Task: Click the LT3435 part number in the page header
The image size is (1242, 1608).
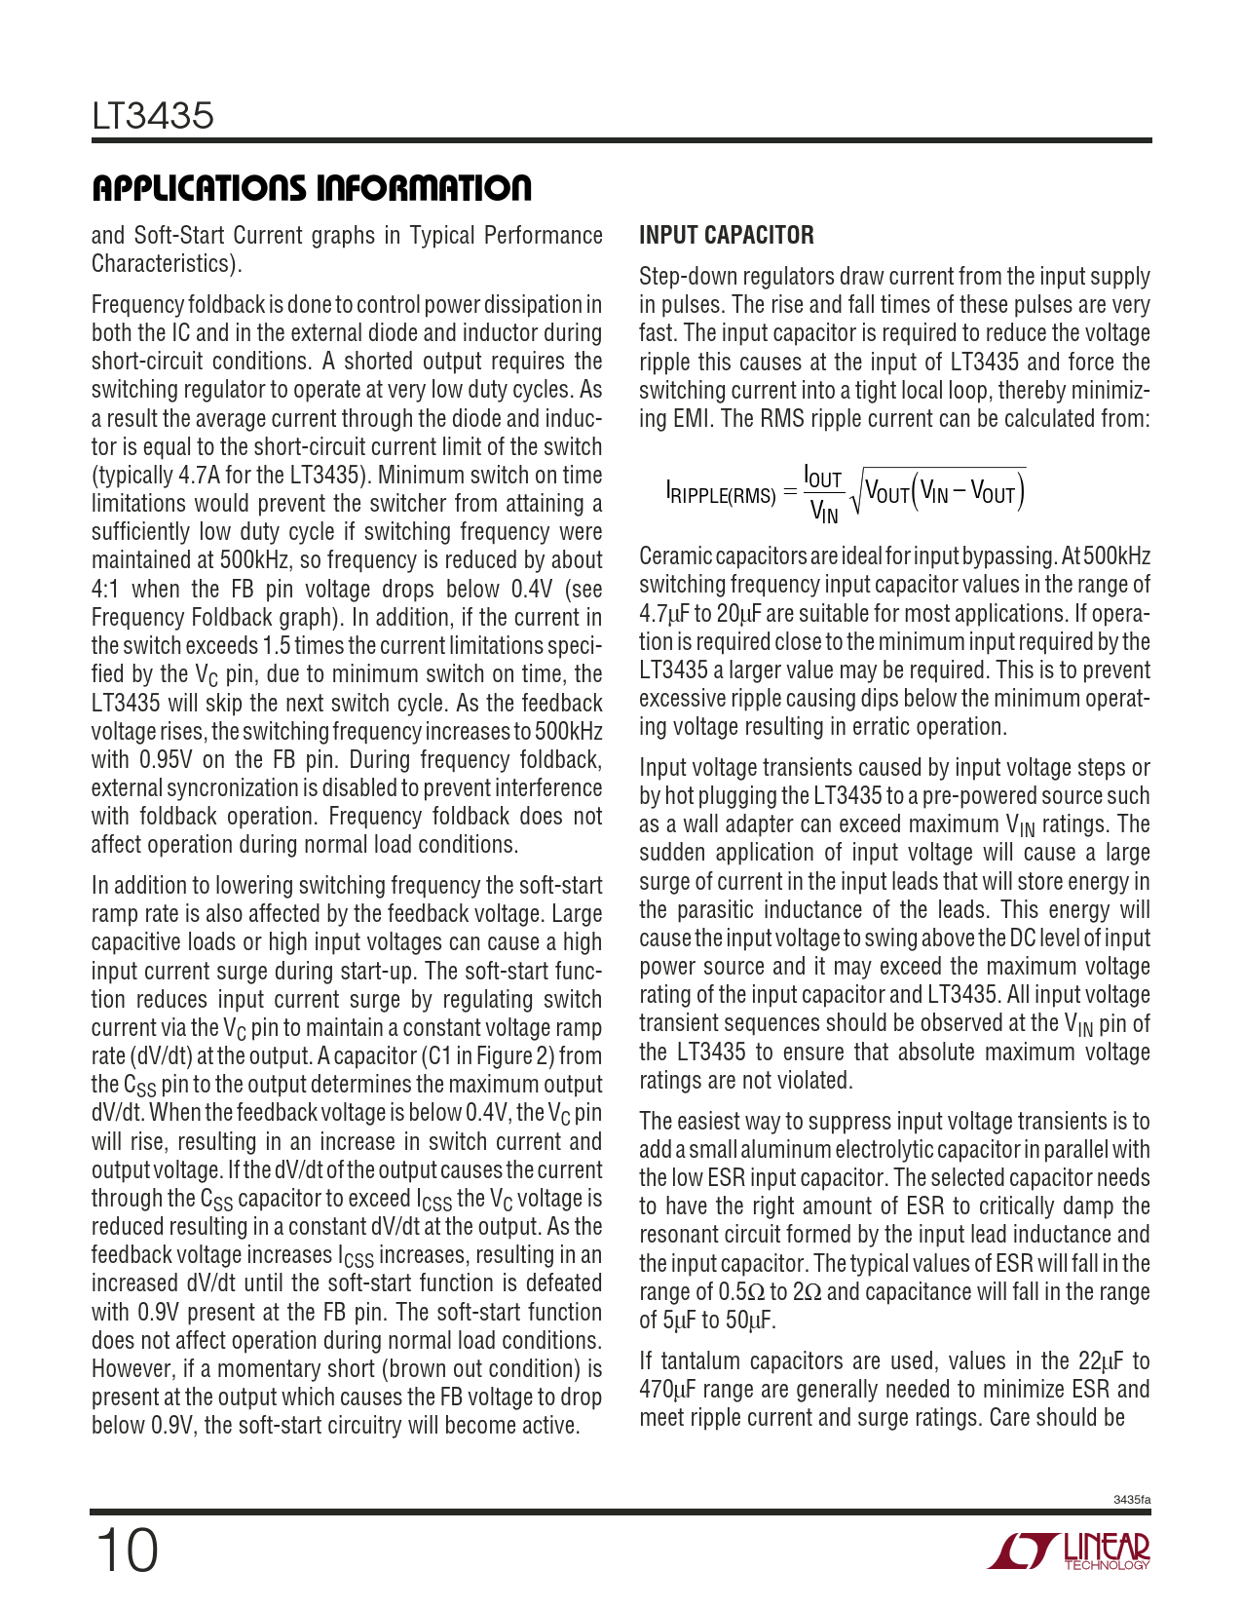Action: (x=153, y=116)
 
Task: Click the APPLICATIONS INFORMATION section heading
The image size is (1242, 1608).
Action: (x=312, y=188)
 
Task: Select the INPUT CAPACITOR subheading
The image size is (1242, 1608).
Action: (x=726, y=235)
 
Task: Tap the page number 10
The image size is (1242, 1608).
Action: (x=127, y=1551)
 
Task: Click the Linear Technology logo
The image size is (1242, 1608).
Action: (x=1070, y=1551)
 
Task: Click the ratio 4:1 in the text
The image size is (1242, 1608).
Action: (x=103, y=590)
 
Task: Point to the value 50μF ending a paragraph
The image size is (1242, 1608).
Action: (x=750, y=1321)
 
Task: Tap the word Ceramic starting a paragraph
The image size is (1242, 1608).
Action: (x=675, y=556)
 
